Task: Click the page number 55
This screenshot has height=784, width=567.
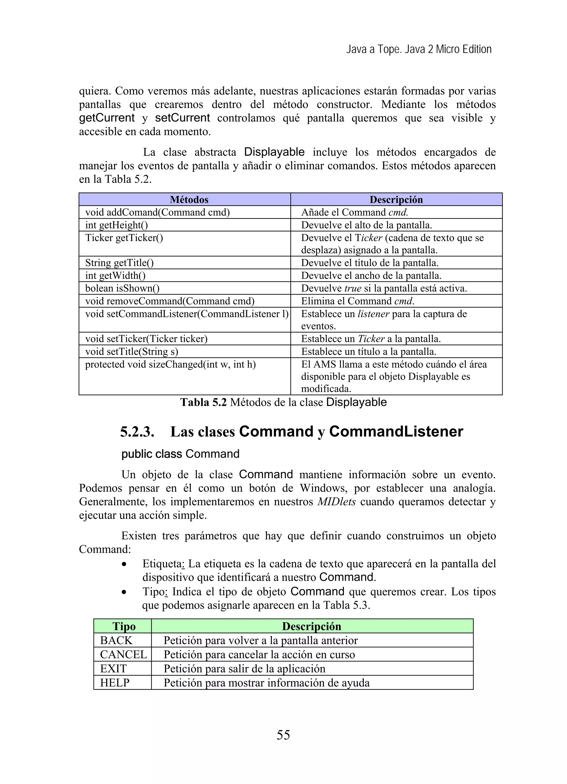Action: click(283, 735)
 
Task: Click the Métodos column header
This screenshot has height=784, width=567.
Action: click(189, 199)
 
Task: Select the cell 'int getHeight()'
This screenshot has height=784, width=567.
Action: click(117, 225)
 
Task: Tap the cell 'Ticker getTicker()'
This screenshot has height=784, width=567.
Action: click(124, 238)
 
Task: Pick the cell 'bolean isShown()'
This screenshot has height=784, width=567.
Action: click(122, 288)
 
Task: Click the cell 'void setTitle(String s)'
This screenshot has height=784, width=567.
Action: click(132, 352)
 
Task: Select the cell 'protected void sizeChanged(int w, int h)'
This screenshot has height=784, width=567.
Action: click(170, 364)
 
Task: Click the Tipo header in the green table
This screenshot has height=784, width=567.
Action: click(124, 626)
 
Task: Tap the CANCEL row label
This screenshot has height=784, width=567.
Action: click(123, 654)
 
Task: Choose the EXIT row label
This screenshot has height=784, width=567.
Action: click(113, 668)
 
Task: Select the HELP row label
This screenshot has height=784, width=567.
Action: click(115, 683)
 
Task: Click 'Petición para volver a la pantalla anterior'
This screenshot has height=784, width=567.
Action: click(261, 640)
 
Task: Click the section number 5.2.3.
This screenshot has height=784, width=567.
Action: click(137, 432)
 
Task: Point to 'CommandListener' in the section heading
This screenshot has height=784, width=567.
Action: click(396, 431)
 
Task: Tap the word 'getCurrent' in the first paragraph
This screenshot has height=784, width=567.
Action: click(107, 118)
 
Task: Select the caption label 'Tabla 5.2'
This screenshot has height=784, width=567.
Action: click(203, 402)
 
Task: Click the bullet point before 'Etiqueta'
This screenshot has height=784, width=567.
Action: click(124, 564)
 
